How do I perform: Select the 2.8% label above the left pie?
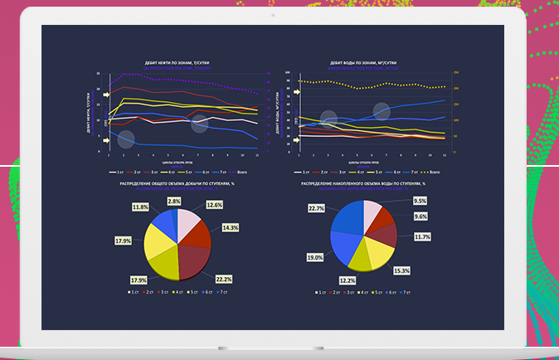tap(174, 202)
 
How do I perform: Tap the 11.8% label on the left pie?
tap(141, 207)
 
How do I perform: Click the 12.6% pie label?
tap(214, 205)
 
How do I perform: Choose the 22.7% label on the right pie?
tap(315, 209)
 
